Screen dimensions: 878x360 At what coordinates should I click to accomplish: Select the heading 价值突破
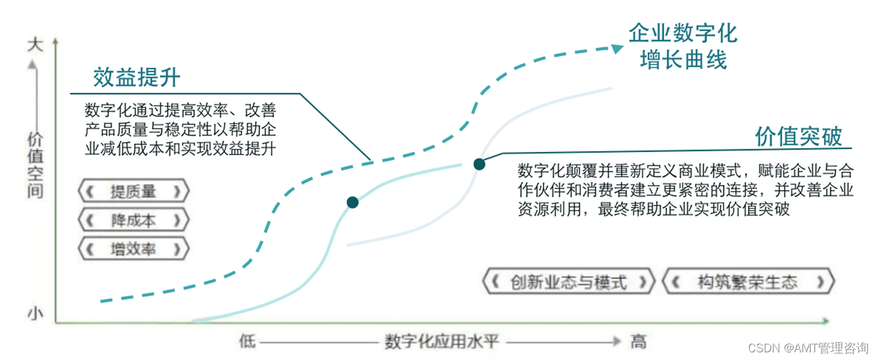point(798,136)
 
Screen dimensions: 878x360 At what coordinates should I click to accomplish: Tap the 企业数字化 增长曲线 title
point(683,47)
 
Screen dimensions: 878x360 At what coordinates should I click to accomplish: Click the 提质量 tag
point(133,191)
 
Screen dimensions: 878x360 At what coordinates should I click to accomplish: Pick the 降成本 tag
point(133,220)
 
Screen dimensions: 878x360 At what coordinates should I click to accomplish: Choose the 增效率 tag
point(133,249)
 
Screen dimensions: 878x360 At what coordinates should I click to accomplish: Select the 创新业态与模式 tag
point(569,282)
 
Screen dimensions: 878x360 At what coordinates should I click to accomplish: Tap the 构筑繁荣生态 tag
point(747,282)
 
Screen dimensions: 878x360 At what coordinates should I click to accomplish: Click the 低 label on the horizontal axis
point(247,341)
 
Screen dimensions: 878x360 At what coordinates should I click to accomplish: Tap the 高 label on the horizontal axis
point(638,341)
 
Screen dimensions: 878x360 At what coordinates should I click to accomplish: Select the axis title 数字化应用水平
point(441,341)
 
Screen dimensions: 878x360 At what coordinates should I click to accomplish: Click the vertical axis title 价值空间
point(35,165)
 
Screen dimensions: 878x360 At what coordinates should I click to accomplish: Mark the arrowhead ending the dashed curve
point(617,48)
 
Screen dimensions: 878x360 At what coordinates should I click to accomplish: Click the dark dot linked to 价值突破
point(479,164)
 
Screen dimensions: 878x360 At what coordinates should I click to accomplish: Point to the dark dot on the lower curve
point(352,202)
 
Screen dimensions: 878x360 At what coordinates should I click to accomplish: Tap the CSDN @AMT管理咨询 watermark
point(808,348)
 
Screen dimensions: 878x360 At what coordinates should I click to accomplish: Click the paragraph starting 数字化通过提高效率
point(181,128)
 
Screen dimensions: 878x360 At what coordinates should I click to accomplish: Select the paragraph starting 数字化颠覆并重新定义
point(685,190)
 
